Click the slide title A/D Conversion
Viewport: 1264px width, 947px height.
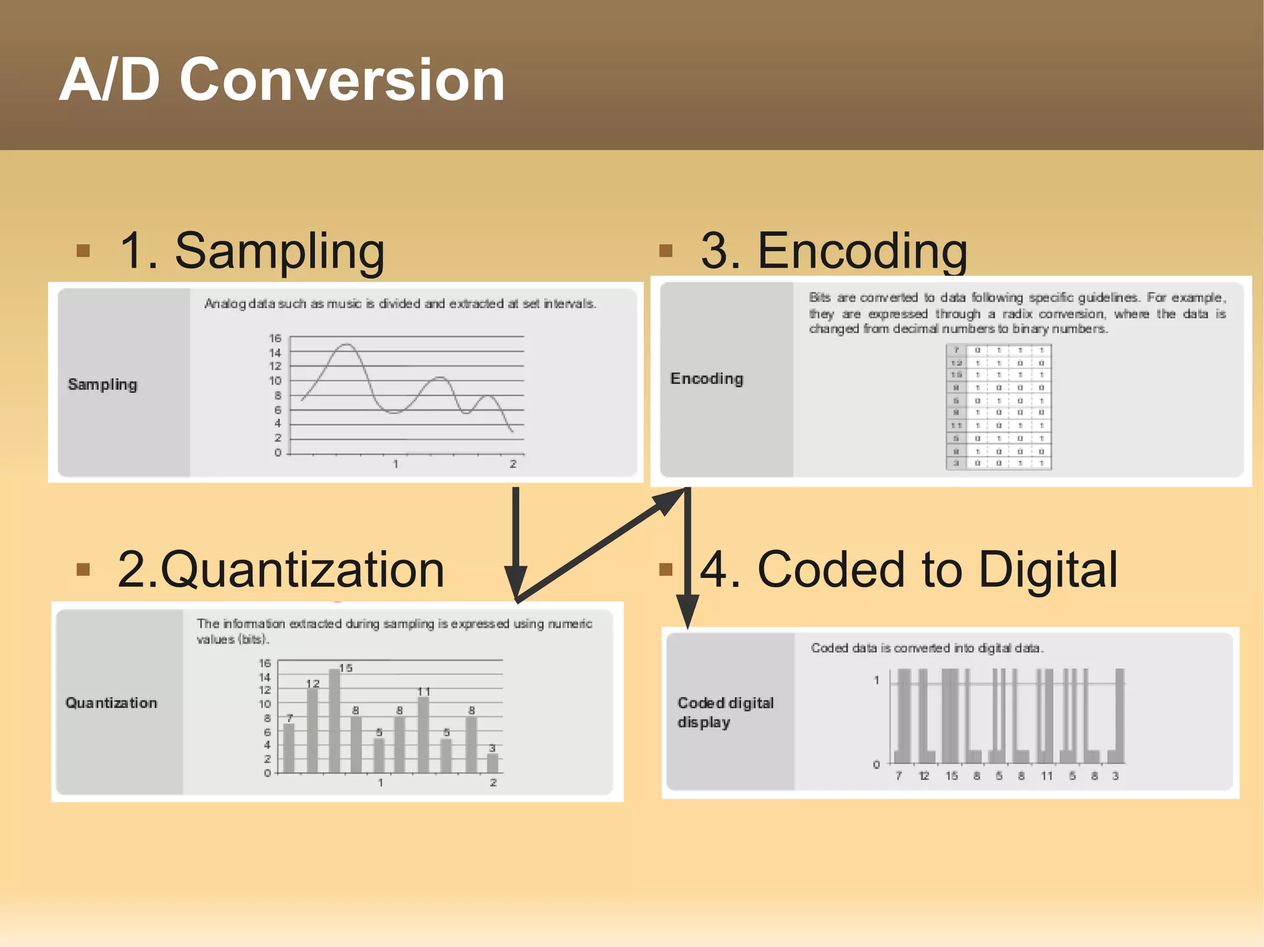coord(282,80)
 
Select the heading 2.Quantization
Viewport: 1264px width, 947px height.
coord(281,569)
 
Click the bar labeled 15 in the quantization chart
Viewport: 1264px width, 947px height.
coord(335,722)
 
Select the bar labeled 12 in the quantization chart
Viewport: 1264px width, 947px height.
coord(312,731)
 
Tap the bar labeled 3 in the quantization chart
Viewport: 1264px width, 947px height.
coord(493,763)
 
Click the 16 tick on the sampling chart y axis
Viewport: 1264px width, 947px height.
coord(275,338)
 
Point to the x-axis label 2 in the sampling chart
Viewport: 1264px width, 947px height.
coord(513,464)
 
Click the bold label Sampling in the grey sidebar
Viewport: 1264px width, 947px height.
coord(102,384)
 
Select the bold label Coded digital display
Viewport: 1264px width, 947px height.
coord(725,712)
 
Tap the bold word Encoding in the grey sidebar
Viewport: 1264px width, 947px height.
coord(707,378)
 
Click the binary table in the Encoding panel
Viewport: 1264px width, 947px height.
coord(999,407)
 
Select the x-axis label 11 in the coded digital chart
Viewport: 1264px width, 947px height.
coord(1047,776)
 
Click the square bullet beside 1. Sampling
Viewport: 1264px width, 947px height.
coord(83,250)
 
